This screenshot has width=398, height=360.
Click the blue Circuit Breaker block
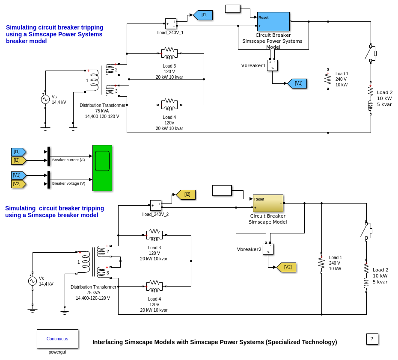pos(273,21)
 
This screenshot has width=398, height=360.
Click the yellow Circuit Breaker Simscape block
pos(268,203)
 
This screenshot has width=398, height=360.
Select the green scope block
pos(102,168)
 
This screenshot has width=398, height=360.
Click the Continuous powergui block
pos(57,339)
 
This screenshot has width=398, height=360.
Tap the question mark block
pos(372,339)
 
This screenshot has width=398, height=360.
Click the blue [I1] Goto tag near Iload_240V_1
pos(204,15)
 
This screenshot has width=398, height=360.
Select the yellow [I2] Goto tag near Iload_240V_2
pos(187,195)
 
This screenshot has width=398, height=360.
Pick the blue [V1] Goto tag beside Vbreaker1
pos(298,83)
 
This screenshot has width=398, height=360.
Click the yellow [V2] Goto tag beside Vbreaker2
pos(287,267)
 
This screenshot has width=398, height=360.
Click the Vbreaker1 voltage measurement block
pos(272,65)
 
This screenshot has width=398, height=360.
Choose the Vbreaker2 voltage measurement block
pos(268,249)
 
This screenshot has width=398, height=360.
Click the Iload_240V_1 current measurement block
pos(170,24)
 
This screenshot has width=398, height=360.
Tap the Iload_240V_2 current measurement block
pos(155,205)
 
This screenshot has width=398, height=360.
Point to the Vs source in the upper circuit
pos(45,99)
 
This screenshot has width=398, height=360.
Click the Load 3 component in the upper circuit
pos(169,53)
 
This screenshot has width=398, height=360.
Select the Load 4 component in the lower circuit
pos(154,286)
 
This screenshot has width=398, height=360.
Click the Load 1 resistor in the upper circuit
pos(328,79)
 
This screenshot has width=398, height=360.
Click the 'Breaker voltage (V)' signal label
pos(68,183)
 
